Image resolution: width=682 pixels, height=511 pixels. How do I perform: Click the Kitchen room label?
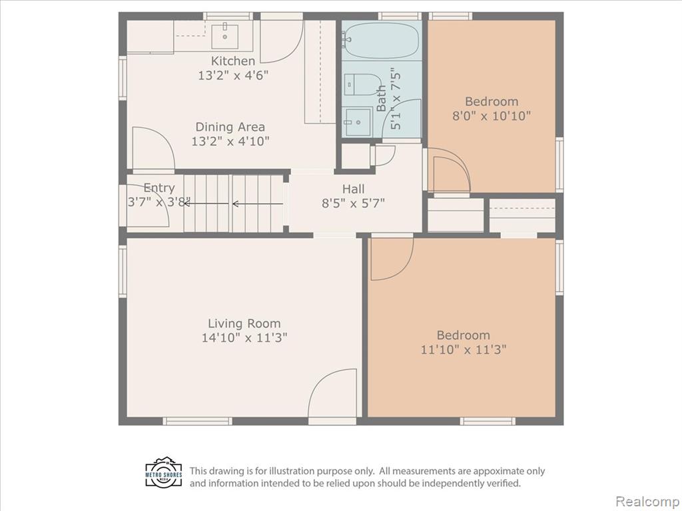click(232, 61)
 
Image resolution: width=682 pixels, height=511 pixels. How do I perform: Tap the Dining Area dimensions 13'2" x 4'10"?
click(230, 141)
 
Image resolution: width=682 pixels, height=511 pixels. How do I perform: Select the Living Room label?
click(244, 323)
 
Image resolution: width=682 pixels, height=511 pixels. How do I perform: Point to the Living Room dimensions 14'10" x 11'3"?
click(244, 337)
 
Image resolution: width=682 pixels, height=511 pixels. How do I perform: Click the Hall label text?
click(353, 189)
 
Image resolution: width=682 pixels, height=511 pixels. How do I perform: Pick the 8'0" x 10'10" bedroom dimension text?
click(492, 116)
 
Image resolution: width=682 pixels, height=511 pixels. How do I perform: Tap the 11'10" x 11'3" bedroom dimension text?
click(464, 349)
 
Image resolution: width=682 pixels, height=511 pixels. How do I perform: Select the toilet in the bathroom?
click(362, 85)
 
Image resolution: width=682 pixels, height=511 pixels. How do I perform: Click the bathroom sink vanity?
click(358, 122)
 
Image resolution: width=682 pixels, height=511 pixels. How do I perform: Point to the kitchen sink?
click(225, 37)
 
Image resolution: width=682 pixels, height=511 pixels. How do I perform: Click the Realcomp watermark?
click(647, 501)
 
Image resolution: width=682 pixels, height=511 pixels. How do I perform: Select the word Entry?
click(159, 188)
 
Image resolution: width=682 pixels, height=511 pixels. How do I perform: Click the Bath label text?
click(381, 98)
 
